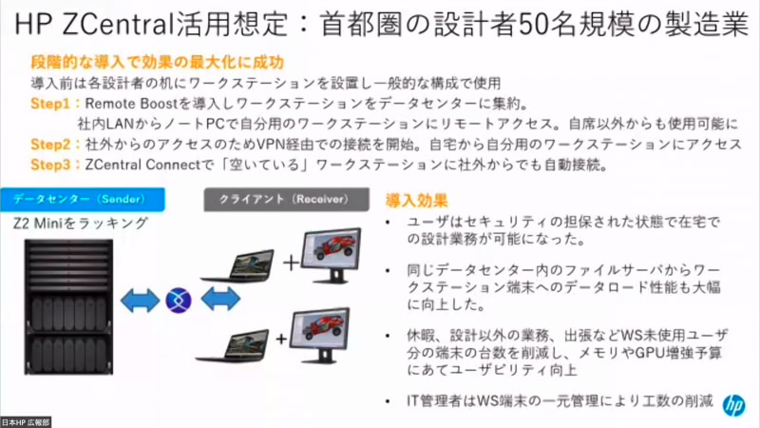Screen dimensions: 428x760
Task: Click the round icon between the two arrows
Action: (179, 301)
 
